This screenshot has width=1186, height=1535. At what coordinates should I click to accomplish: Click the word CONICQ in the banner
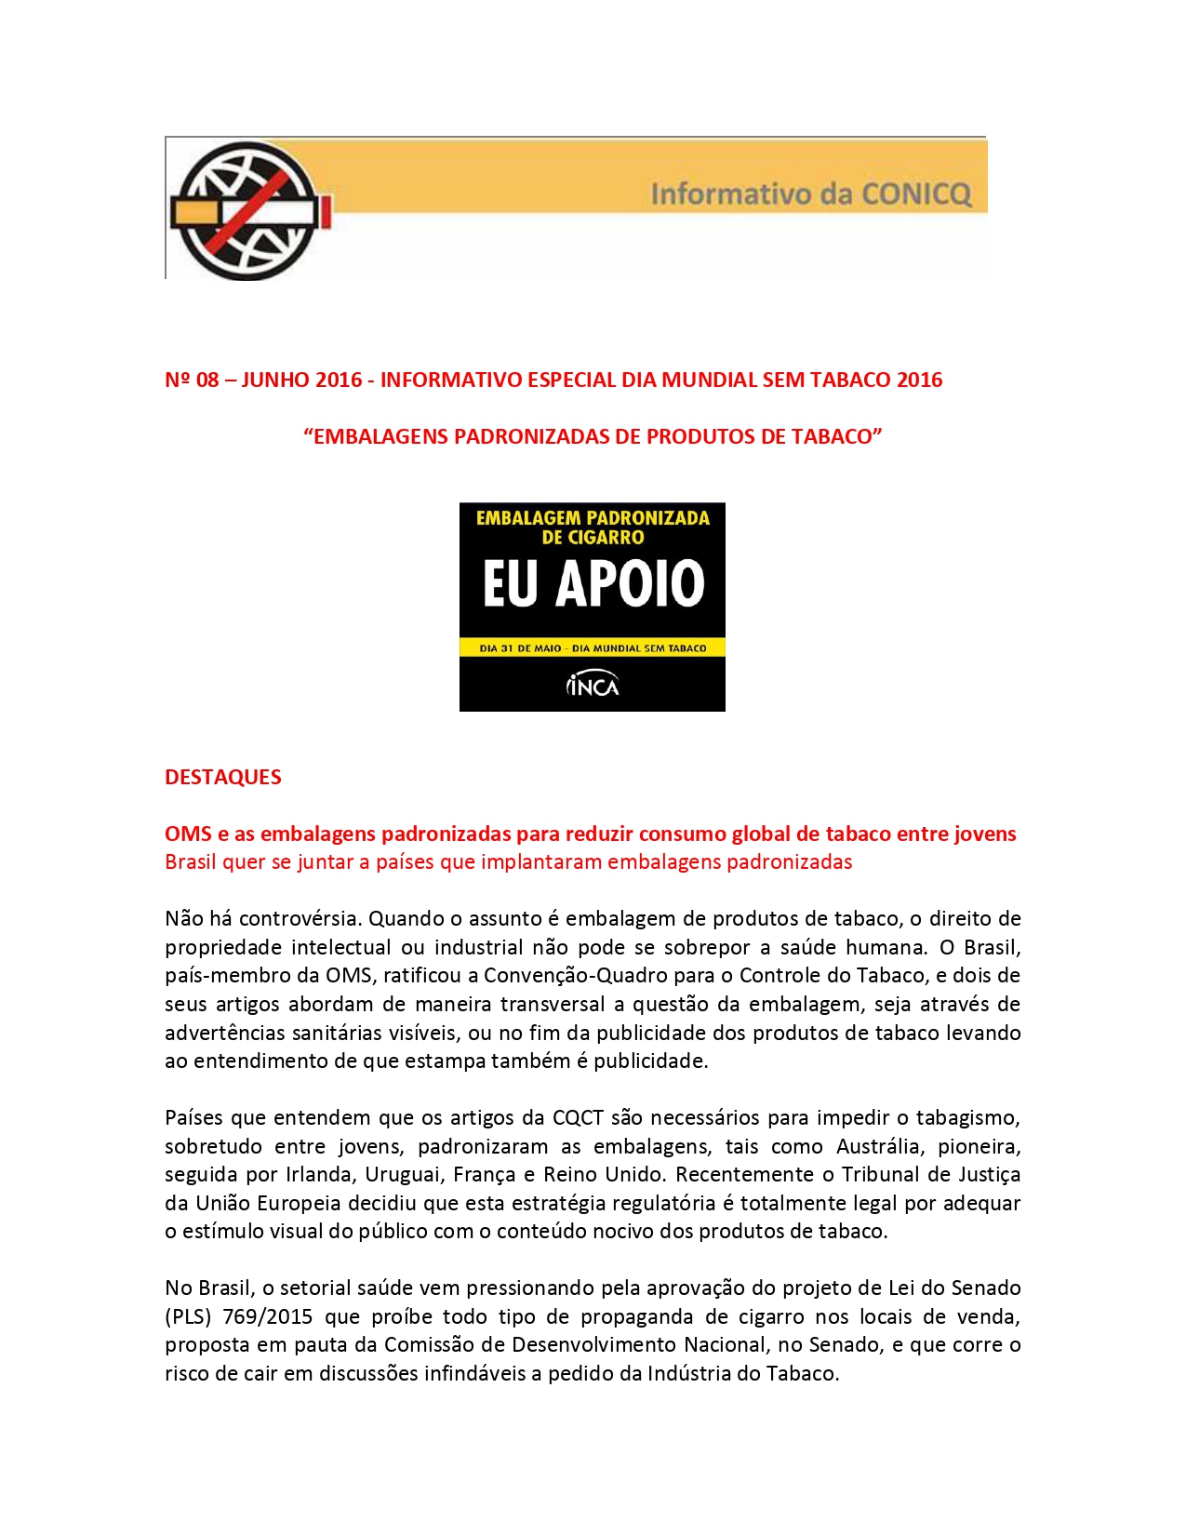(x=916, y=194)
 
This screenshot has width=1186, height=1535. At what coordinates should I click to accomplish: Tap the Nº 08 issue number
(x=192, y=380)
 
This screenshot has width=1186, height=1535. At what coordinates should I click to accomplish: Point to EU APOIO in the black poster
(x=593, y=584)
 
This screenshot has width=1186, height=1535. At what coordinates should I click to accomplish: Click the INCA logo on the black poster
(x=593, y=686)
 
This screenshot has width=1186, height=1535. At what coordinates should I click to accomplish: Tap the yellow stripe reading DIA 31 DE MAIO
(x=593, y=647)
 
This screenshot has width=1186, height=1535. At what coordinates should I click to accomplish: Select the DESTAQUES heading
(x=223, y=777)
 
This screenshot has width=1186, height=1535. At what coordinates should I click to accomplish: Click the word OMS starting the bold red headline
(x=189, y=834)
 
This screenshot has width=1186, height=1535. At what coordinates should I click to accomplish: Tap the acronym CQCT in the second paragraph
(x=578, y=1117)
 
